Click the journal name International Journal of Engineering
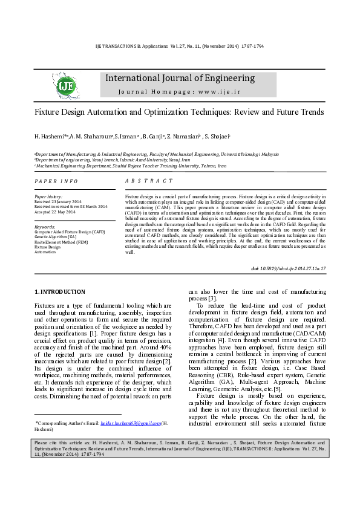point(180,78)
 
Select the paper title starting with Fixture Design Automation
point(179,112)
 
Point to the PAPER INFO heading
point(56,181)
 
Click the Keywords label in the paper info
point(45,226)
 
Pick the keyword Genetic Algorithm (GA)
point(55,236)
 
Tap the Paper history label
point(48,197)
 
